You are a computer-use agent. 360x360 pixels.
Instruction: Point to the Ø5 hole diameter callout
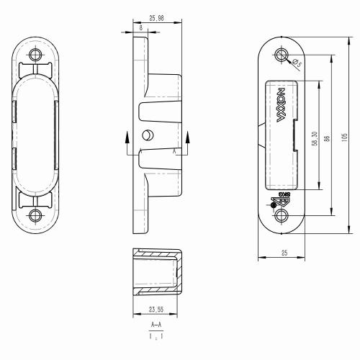click(296, 65)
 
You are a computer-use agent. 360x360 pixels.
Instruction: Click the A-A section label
click(156, 327)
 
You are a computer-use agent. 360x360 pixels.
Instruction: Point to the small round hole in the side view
click(148, 135)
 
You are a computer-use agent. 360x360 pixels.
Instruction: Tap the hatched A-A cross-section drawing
click(156, 271)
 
